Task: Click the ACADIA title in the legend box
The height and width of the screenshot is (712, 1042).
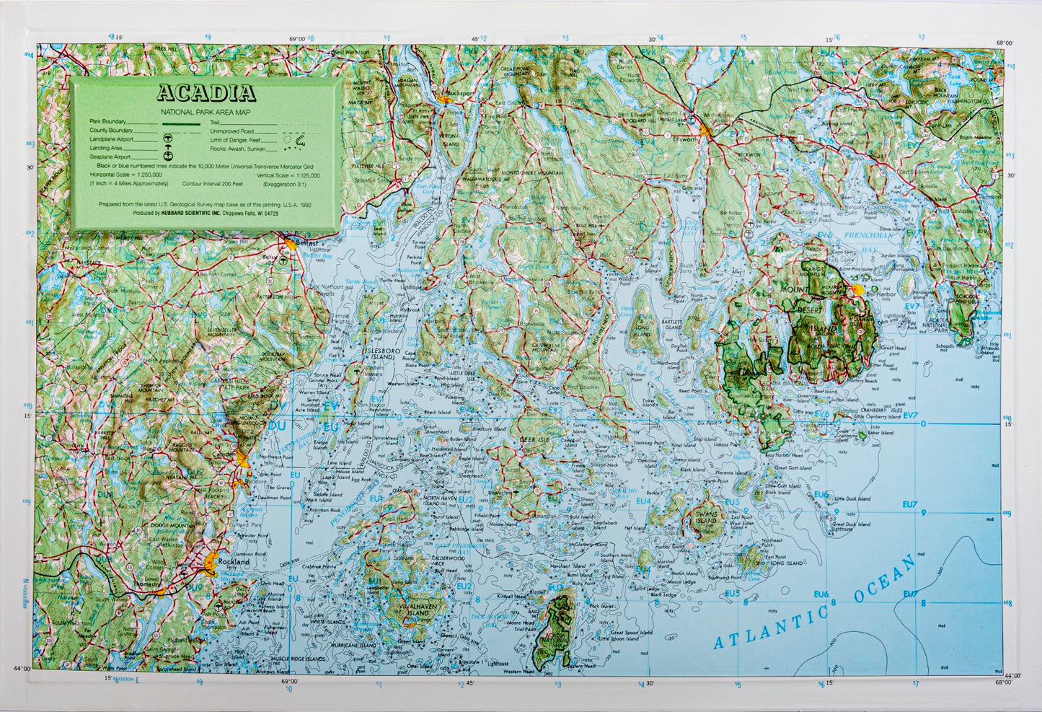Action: tap(206, 93)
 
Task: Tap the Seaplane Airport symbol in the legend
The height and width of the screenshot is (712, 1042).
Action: tap(169, 155)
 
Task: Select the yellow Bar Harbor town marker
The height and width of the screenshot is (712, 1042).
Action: tap(857, 289)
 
